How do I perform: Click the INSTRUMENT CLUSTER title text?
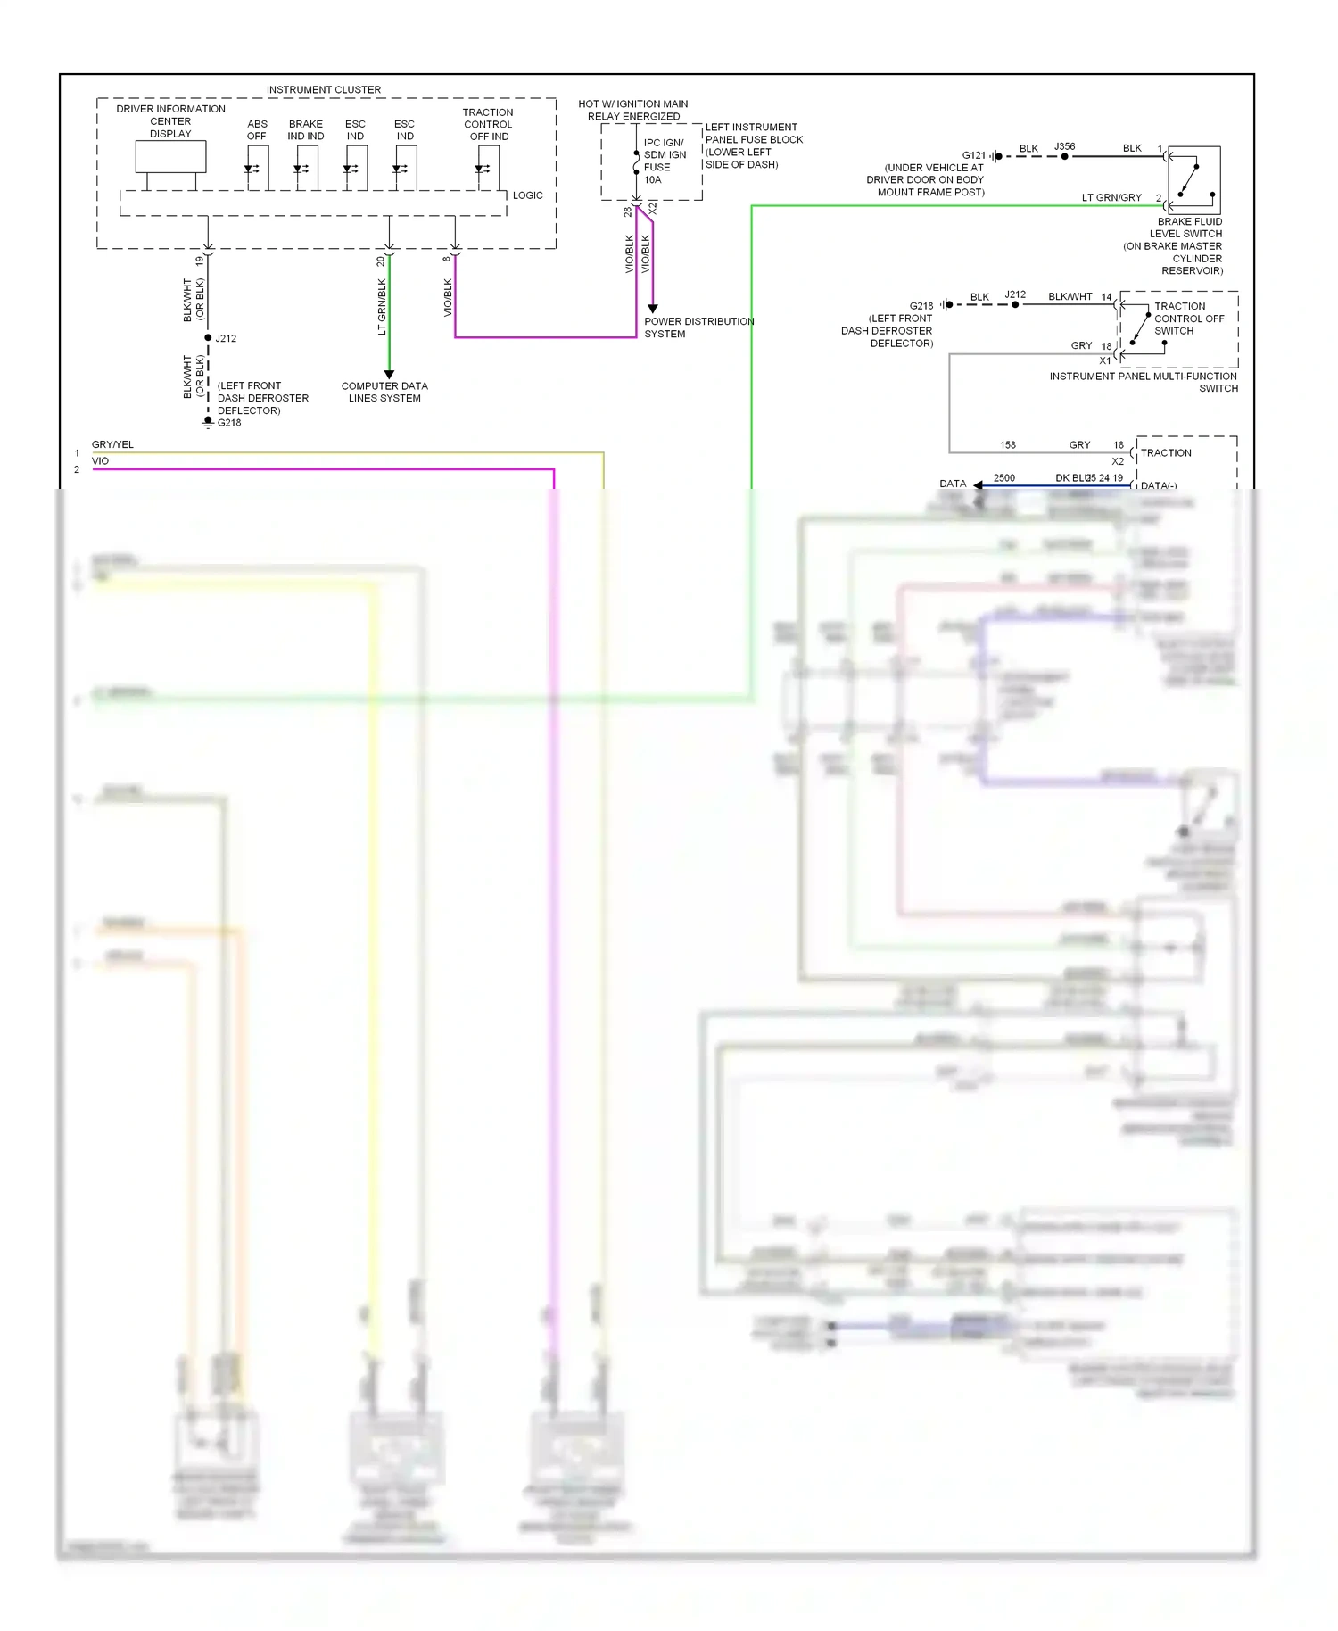323,90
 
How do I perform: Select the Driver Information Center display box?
170,157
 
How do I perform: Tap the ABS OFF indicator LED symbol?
251,169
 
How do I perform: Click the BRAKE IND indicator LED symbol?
300,169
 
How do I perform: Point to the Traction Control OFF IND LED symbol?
482,169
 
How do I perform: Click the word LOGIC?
527,195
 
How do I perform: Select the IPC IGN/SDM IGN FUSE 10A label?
665,161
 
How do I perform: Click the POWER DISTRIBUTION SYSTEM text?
698,327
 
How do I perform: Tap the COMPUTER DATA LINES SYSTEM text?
384,393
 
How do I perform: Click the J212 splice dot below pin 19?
208,338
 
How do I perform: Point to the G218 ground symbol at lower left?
208,422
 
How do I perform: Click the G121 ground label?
973,155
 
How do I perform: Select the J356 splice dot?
1064,156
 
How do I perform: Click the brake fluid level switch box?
1193,179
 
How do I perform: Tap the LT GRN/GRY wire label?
1111,198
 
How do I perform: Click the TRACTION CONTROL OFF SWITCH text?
1188,319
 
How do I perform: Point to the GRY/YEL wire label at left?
112,444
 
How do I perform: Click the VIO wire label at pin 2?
100,461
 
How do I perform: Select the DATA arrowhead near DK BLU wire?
979,485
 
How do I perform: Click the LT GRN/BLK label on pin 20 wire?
382,307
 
